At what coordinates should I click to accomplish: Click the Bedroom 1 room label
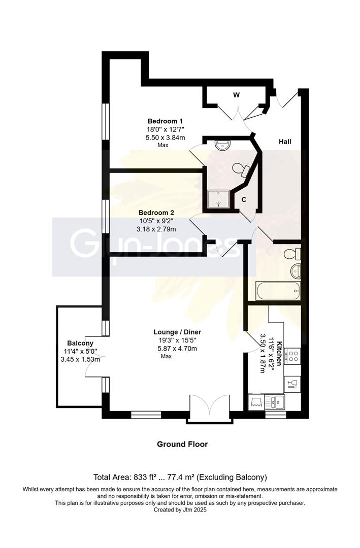point(165,121)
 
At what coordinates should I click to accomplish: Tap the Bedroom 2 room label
point(165,213)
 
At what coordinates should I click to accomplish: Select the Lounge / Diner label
point(175,332)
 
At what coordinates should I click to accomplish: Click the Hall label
point(285,142)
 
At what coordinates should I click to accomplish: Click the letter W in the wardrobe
point(236,95)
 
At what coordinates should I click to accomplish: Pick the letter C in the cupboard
point(244,200)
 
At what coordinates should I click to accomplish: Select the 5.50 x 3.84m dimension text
point(165,138)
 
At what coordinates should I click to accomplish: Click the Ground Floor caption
point(182,444)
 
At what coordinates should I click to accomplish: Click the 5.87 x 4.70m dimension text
point(175,349)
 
